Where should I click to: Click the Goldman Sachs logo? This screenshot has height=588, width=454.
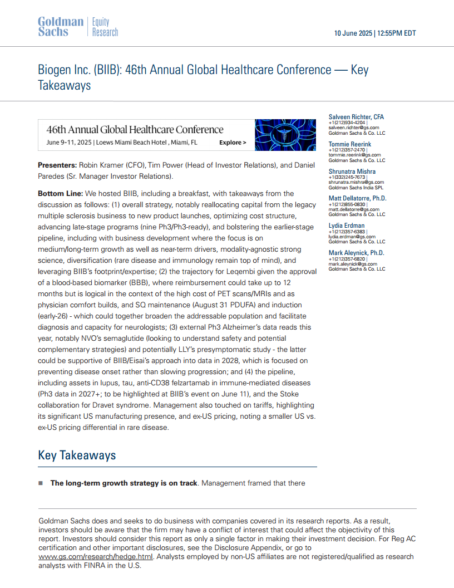(60, 27)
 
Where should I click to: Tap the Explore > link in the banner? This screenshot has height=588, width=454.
(233, 143)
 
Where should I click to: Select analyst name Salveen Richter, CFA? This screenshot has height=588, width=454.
(356, 117)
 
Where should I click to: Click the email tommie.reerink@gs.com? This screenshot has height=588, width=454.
(354, 155)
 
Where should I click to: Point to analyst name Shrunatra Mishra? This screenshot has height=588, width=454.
(352, 171)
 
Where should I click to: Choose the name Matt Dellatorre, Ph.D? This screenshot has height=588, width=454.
(357, 198)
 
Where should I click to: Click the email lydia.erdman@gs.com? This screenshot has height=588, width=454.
(352, 237)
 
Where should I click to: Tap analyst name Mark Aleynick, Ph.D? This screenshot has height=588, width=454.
(356, 253)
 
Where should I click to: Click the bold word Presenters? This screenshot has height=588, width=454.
(57, 165)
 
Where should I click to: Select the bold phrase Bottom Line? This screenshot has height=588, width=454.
(60, 194)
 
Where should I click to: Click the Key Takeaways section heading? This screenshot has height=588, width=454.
(77, 455)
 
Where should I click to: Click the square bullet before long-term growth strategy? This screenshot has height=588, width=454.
(41, 483)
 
